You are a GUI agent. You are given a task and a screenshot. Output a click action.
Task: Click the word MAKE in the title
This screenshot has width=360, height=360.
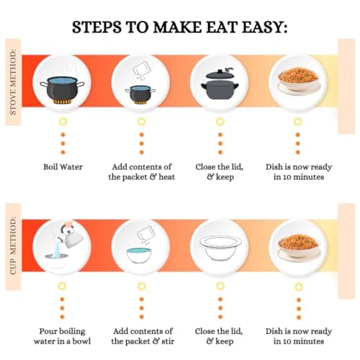coord(178,27)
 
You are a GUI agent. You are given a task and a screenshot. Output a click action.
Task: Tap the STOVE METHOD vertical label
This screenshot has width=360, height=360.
coord(13,82)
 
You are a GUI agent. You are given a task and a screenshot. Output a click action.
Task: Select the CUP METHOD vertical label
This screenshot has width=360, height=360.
coord(13,246)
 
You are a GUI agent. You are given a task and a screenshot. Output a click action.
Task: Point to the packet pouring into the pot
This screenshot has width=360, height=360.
coord(142,68)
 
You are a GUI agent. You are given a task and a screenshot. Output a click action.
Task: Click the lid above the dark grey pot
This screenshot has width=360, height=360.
coord(220,74)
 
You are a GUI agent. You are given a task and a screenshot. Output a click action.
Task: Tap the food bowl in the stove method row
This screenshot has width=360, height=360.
coord(298,79)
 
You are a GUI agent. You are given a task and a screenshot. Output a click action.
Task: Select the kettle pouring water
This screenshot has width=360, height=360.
coord(71,235)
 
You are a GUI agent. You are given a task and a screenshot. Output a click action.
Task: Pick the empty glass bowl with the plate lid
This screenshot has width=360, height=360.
coord(220,248)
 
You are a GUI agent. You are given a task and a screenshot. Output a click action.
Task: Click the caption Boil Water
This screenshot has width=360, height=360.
coord(63,167)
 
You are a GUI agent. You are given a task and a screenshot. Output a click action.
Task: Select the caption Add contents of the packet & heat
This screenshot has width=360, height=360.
coord(142,172)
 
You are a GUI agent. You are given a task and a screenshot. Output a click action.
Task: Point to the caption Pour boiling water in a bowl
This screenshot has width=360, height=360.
coord(62,336)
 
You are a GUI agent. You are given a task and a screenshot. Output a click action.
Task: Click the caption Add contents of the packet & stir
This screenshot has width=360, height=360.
coord(143,336)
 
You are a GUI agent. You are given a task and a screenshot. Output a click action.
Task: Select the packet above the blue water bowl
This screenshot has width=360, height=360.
coord(146,233)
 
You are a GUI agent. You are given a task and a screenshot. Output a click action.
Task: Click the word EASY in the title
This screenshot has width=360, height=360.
coord(264,27)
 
